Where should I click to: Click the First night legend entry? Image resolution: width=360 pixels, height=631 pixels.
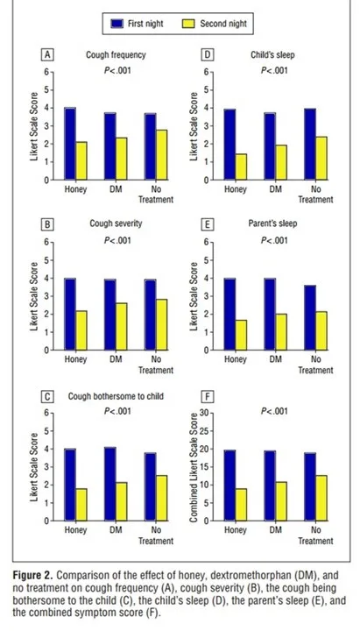138,24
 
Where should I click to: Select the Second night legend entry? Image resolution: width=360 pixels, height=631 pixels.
215,24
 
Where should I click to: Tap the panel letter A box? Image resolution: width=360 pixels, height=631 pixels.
47,54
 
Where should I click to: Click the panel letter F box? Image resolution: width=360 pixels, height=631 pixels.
207,397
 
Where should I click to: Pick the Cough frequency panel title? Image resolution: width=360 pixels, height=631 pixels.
116,54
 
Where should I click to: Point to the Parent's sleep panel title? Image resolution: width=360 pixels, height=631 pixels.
272,223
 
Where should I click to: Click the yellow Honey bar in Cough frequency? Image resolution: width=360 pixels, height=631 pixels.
81,160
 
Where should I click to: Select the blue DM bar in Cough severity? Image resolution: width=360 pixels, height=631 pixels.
110,315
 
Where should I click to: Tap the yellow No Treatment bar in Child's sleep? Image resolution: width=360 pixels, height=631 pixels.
321,158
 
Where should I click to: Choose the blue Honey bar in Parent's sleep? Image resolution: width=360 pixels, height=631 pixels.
229,315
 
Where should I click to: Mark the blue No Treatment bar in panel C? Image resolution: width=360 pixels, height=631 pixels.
151,487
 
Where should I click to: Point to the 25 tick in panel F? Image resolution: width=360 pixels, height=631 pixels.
203,431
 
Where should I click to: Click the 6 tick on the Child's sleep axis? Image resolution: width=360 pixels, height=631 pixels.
206,73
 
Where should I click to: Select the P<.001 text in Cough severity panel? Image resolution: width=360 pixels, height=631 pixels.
117,241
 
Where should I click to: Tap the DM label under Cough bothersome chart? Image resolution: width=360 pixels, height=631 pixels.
116,530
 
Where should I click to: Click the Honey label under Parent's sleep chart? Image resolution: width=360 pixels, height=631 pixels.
235,359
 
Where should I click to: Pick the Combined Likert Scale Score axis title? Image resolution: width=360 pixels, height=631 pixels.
194,468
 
